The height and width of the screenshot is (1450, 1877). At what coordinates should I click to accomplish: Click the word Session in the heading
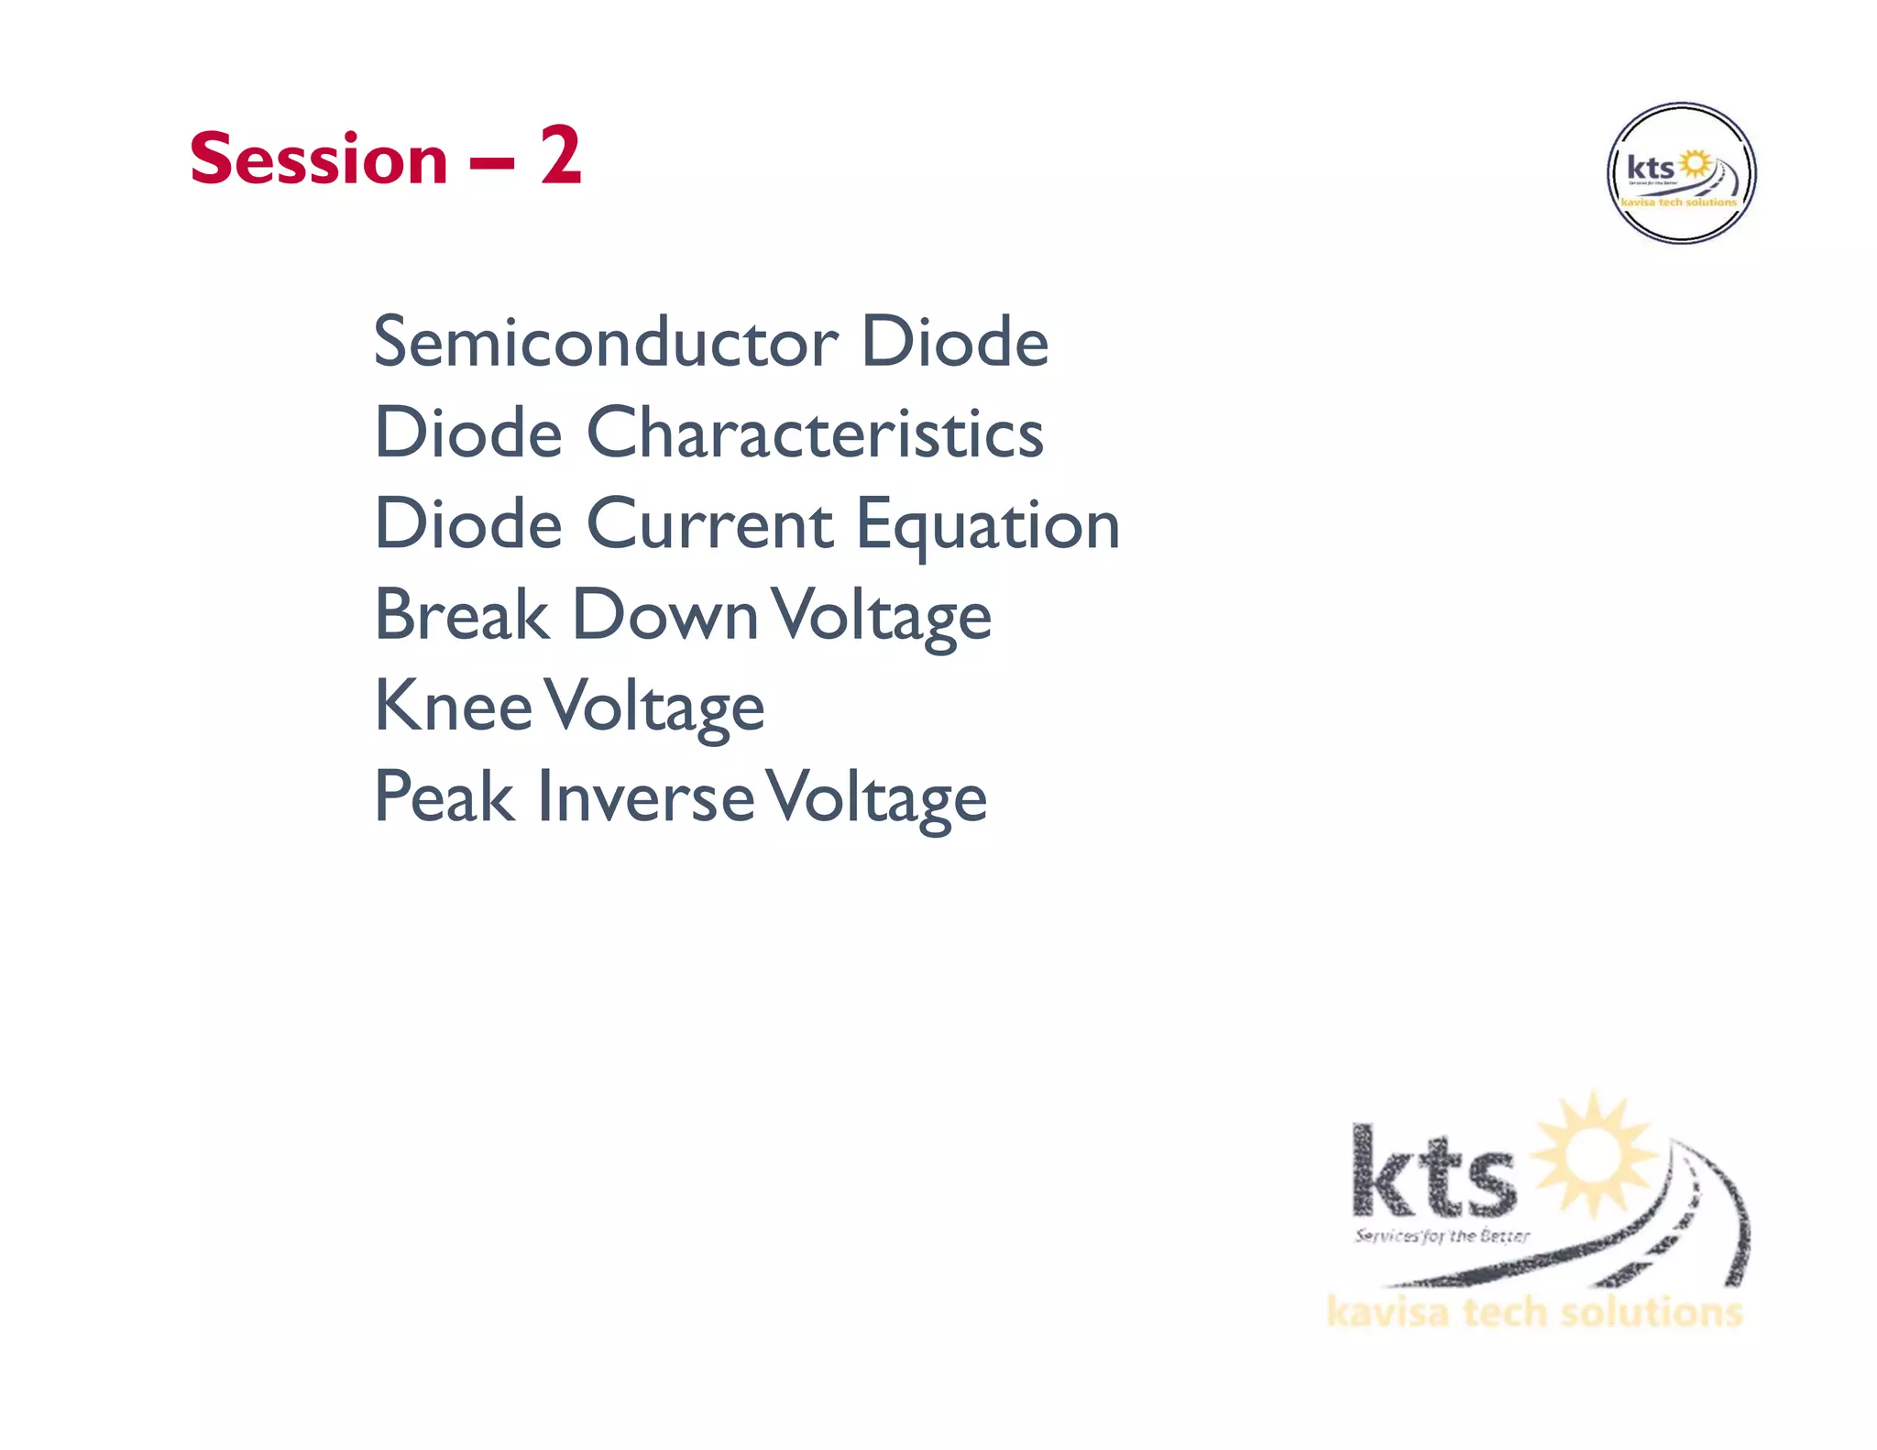318,159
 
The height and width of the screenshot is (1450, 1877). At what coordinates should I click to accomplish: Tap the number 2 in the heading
560,156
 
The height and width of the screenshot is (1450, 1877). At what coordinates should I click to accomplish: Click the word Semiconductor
605,342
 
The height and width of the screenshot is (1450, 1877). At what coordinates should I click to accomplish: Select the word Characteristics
814,433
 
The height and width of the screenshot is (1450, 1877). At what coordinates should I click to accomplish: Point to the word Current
709,524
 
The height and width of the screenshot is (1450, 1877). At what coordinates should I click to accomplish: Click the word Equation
987,527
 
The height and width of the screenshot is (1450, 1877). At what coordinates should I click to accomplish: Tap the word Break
461,615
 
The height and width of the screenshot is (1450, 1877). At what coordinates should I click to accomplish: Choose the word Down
664,615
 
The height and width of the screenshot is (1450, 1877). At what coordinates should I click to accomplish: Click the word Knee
453,706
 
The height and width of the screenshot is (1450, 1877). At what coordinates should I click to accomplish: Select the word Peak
444,796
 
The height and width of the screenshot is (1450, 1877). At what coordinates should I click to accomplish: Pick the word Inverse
645,796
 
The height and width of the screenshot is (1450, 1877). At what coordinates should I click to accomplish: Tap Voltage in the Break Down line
881,618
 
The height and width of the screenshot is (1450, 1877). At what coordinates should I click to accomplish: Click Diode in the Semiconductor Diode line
954,342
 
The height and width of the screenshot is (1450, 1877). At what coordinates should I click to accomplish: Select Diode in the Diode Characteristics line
468,433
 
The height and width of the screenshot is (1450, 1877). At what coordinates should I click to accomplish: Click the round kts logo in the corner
1681,173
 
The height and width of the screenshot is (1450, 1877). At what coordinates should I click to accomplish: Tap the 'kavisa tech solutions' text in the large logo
1533,1312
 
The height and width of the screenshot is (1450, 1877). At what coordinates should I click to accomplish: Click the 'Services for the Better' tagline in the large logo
1442,1236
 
